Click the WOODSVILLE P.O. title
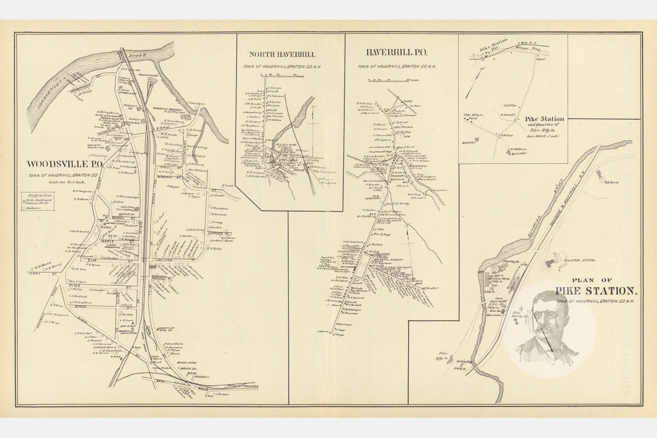[x=65, y=164]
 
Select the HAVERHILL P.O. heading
[x=396, y=53]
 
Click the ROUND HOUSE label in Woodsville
[x=148, y=74]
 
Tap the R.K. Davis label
[x=611, y=182]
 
